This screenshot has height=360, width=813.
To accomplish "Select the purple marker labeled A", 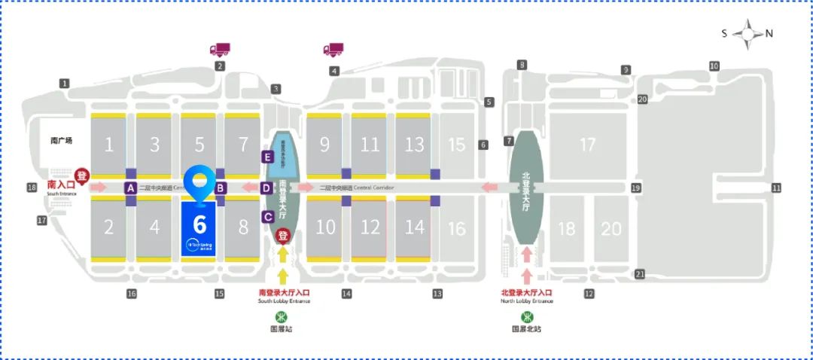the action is coord(130,188).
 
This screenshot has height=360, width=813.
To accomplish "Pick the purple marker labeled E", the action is coord(266,157).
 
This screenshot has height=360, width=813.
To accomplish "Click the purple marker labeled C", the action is coord(267,217).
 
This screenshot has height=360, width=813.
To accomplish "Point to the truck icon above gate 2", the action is coord(219,50).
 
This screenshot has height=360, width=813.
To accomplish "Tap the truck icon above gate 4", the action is coord(333,50).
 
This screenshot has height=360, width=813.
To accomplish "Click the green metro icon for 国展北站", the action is coord(526,316).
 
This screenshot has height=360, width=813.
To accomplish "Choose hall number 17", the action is coord(587,145).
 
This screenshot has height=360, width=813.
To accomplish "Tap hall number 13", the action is coord(414,145).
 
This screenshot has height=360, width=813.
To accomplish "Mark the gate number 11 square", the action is coord(776,188).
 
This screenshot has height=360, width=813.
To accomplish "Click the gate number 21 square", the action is coord(641,274).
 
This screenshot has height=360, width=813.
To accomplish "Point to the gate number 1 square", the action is coord(65,83).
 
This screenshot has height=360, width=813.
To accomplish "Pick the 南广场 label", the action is coord(61,140).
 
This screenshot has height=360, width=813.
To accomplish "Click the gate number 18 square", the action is coord(32,188).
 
